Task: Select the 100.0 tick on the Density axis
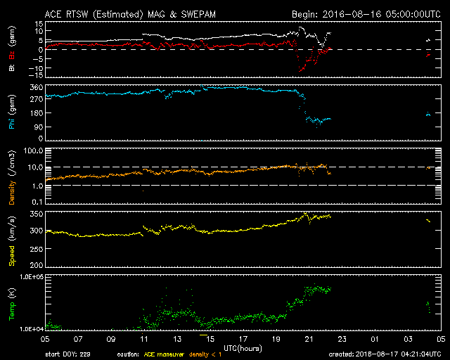(x=33, y=150)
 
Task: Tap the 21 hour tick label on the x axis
(x=309, y=340)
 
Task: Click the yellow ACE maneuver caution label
(x=162, y=354)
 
